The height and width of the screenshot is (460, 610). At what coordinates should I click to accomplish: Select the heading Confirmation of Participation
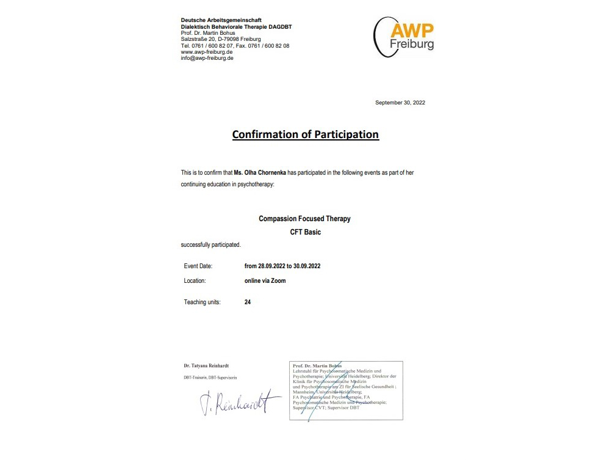pyautogui.click(x=306, y=134)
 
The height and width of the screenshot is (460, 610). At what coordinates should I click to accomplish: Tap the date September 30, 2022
pyautogui.click(x=400, y=103)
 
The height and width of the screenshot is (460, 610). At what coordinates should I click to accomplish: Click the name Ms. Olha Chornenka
pyautogui.click(x=260, y=173)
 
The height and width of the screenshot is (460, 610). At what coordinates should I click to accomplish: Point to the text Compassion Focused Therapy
pyautogui.click(x=304, y=219)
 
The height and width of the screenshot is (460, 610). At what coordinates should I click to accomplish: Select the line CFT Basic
pyautogui.click(x=305, y=232)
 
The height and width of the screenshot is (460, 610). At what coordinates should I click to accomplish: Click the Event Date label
pyautogui.click(x=198, y=266)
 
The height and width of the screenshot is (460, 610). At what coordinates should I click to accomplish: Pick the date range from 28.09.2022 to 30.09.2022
pyautogui.click(x=282, y=266)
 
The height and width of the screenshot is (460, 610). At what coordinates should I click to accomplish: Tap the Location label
pyautogui.click(x=195, y=281)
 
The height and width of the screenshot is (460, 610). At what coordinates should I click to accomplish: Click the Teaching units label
pyautogui.click(x=202, y=302)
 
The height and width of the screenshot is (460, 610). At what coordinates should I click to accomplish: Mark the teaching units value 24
pyautogui.click(x=248, y=302)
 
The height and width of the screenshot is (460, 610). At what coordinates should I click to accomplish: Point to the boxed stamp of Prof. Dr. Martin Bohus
pyautogui.click(x=346, y=390)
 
